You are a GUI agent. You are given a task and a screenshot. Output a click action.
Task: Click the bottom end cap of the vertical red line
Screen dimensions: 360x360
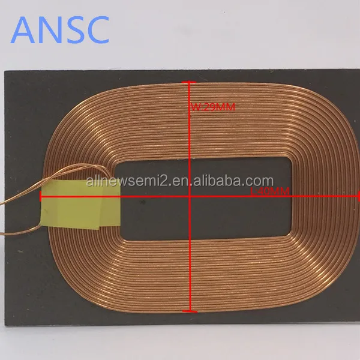pos(190,311)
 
